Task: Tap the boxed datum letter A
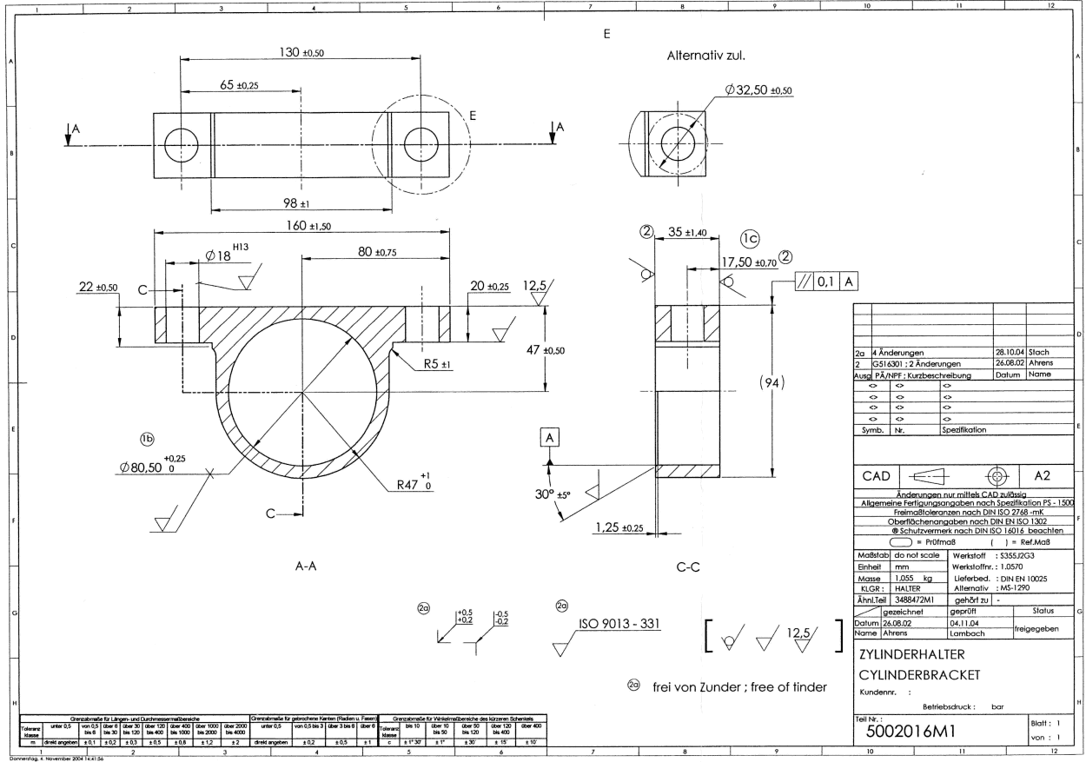(549, 439)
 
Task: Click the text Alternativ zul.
(706, 56)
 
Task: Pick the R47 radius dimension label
(416, 484)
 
